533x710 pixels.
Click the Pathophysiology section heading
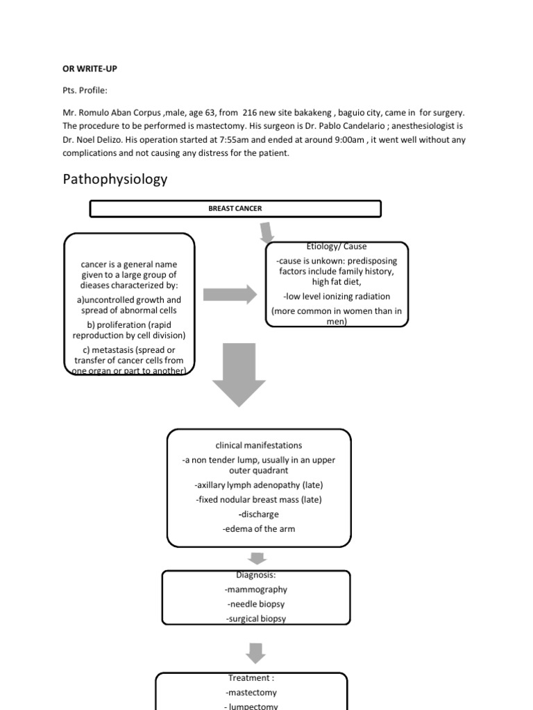(x=115, y=180)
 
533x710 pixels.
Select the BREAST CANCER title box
(x=235, y=209)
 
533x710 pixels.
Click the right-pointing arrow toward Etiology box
(x=230, y=294)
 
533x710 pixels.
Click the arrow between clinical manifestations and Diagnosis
(x=257, y=558)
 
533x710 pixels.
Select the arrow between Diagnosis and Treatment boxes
(x=256, y=652)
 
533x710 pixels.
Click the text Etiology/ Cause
(x=337, y=246)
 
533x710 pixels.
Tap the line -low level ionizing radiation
(x=337, y=296)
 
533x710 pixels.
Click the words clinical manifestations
(x=259, y=445)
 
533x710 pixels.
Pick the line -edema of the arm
(x=259, y=528)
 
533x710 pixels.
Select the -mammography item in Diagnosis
(x=256, y=589)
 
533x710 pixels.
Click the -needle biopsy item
(x=256, y=604)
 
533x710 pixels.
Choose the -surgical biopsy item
(x=256, y=618)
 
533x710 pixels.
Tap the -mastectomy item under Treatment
(x=251, y=692)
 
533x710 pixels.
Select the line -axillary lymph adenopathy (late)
(x=259, y=485)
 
